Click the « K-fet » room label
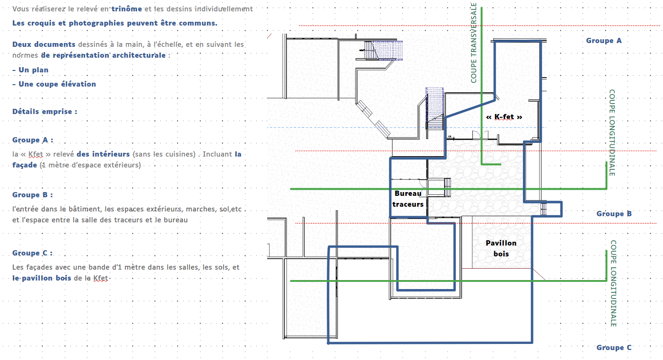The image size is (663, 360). (x=504, y=117)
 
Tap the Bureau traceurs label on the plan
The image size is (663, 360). (x=408, y=199)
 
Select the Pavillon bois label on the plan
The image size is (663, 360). (x=501, y=248)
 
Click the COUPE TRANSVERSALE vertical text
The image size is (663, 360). (x=473, y=43)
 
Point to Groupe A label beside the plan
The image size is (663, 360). (x=604, y=41)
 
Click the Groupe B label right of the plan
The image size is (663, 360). (x=614, y=214)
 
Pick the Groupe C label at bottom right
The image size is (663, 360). (x=614, y=348)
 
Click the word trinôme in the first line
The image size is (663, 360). (x=127, y=9)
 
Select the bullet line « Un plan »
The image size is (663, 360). (x=30, y=70)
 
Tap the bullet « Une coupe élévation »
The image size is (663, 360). (x=54, y=84)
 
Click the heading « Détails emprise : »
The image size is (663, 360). (x=45, y=112)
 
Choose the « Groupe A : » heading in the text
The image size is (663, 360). (x=33, y=140)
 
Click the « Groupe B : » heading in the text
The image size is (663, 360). (x=33, y=195)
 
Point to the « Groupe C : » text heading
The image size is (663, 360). (x=33, y=253)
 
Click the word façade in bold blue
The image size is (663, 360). (x=25, y=165)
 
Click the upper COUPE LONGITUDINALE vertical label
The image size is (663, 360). (x=612, y=132)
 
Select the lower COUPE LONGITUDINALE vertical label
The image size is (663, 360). (x=613, y=283)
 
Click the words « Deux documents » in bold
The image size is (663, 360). (x=44, y=44)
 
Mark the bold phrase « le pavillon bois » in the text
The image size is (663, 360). (x=42, y=278)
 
